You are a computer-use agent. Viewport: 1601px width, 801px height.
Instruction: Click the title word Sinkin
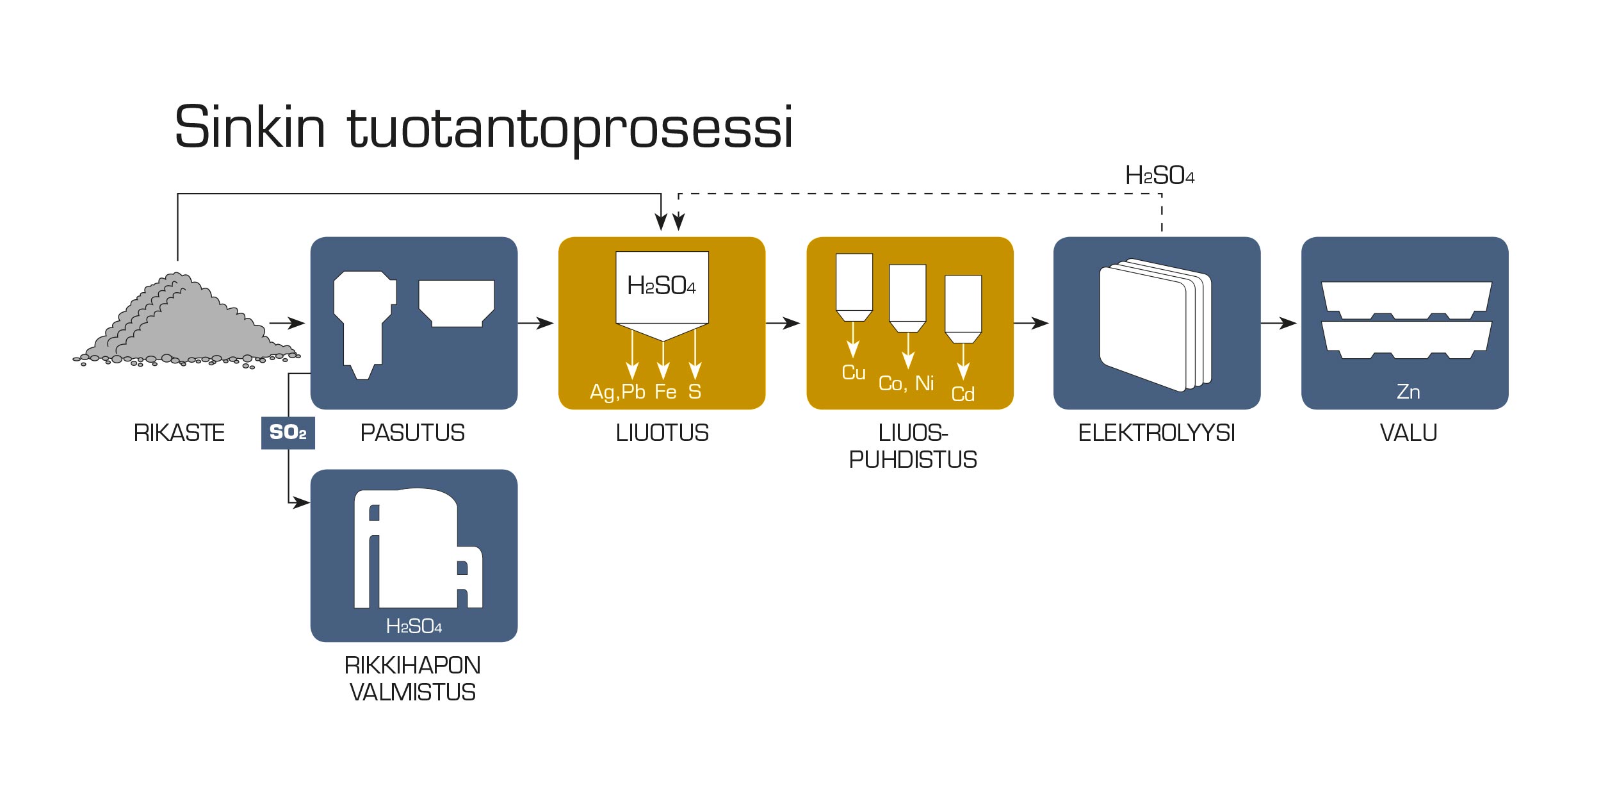[250, 127]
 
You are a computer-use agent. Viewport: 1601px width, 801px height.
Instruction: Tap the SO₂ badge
[288, 433]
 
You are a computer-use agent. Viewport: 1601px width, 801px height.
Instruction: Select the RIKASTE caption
[179, 433]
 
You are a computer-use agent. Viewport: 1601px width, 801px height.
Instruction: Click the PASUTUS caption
[412, 433]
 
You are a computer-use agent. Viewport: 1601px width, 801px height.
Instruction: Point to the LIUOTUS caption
[662, 433]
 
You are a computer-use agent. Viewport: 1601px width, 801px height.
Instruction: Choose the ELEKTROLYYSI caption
[1157, 433]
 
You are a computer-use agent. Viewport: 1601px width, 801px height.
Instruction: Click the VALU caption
[1408, 433]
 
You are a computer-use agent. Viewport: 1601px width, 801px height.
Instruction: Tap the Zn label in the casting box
[1408, 392]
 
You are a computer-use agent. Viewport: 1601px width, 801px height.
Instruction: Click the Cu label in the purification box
[854, 372]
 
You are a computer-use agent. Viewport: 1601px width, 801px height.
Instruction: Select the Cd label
[963, 394]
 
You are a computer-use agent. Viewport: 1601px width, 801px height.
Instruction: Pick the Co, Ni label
[906, 383]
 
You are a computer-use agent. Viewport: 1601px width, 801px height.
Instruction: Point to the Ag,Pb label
[617, 392]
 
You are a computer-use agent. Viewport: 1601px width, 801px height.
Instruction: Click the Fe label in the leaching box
[665, 392]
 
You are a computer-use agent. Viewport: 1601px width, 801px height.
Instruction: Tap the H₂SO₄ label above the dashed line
[1160, 175]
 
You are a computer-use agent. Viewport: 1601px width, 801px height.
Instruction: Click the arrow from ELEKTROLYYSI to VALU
[1278, 323]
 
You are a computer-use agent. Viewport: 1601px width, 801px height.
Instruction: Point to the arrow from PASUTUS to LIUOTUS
[535, 323]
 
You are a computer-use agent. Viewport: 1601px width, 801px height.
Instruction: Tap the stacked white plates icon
[1155, 325]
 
